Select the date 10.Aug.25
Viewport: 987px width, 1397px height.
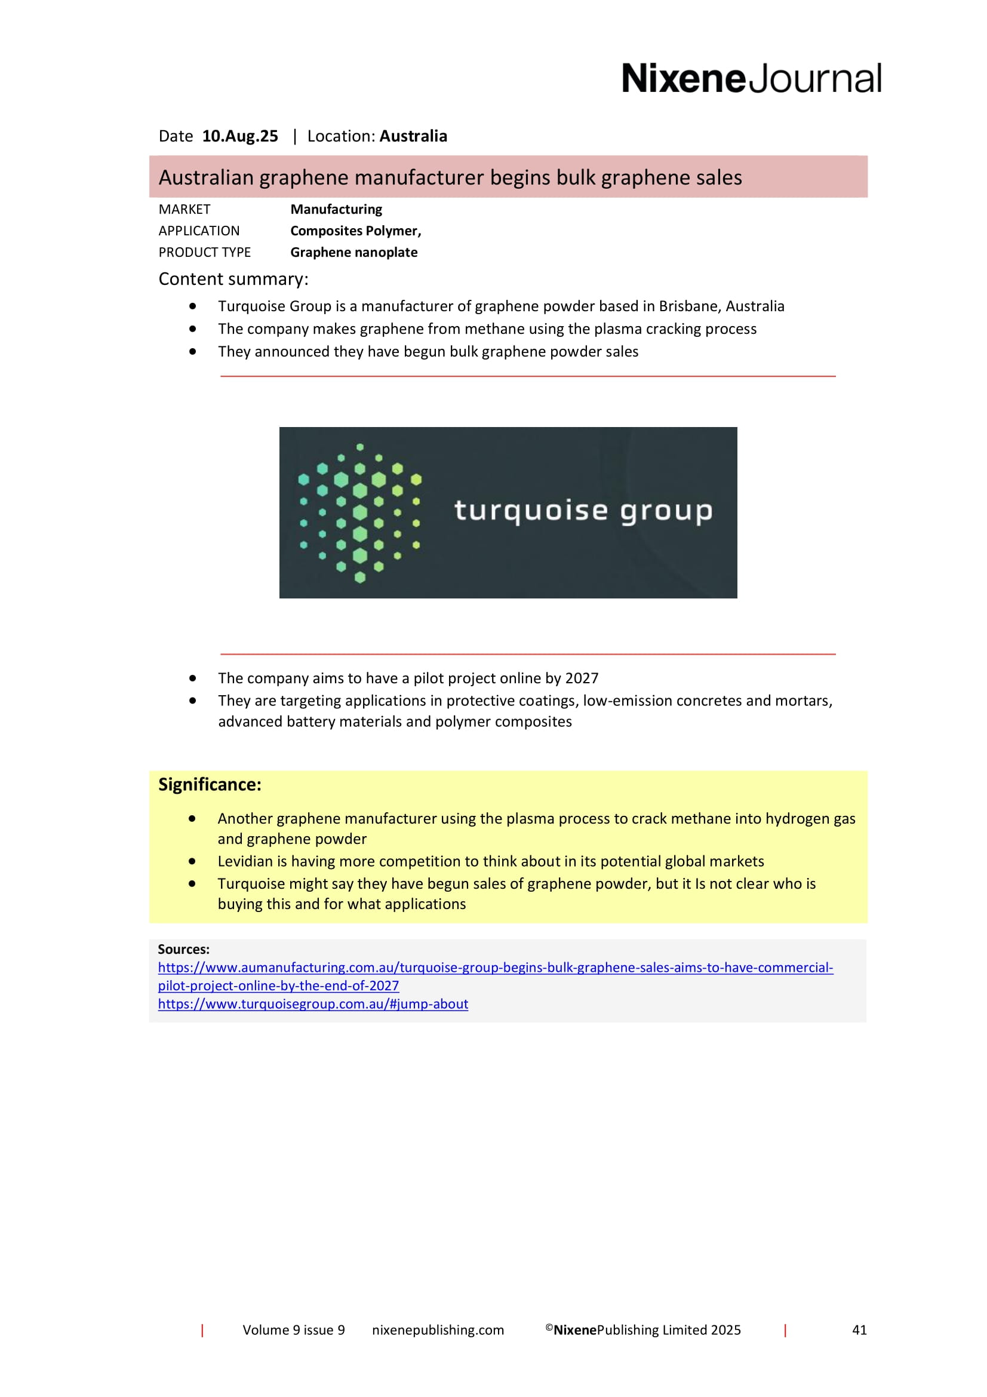[x=239, y=136]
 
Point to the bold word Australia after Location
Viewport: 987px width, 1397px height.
[x=413, y=136]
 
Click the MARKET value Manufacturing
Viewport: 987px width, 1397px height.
[x=336, y=209]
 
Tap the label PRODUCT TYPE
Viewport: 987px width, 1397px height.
[x=204, y=253]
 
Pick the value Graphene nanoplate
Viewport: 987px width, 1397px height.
[x=353, y=253]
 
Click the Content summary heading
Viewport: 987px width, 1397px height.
[x=233, y=280]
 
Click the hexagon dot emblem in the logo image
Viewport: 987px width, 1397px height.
[x=359, y=512]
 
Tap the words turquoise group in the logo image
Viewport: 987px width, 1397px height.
[x=583, y=511]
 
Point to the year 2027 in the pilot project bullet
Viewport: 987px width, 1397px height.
[x=582, y=678]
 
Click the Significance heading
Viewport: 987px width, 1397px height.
[x=210, y=785]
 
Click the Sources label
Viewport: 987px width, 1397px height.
[x=184, y=949]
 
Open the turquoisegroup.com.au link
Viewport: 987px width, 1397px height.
[x=313, y=1004]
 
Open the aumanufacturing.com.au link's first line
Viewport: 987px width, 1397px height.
[x=495, y=968]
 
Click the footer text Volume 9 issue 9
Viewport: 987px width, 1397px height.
[x=294, y=1330]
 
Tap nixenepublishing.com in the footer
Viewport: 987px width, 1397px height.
[x=438, y=1330]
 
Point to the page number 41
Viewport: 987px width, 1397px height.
[x=859, y=1330]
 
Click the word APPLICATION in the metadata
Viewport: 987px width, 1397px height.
[x=199, y=231]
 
